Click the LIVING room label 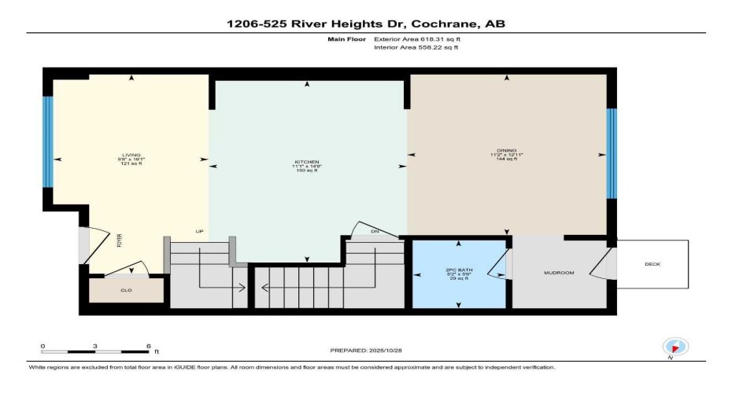point(130,155)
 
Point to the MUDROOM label point(559,273)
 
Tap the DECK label point(653,264)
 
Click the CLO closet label point(126,290)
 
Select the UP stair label point(199,231)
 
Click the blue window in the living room point(48,141)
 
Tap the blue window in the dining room point(612,152)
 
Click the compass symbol point(676,347)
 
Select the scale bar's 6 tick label point(148,346)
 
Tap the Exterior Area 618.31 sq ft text point(415,38)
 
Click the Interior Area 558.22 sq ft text point(415,47)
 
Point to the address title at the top point(366,24)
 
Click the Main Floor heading point(346,38)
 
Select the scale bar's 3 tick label point(95,346)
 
